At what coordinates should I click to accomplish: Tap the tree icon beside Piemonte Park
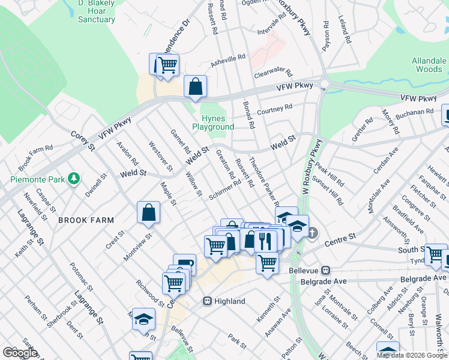point(74,178)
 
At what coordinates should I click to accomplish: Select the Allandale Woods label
point(429,65)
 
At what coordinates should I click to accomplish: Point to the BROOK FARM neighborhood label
point(86,220)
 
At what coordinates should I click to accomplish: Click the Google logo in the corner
point(20,353)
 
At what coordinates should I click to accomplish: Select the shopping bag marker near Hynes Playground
point(195,86)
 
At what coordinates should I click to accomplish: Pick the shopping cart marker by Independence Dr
point(168,64)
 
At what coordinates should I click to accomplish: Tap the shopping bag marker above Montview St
point(148,212)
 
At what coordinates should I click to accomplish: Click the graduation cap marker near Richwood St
point(143,319)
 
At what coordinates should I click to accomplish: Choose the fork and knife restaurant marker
point(265,241)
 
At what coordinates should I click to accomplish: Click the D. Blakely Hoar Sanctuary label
point(96,11)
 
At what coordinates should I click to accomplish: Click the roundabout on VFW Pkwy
point(325,85)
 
